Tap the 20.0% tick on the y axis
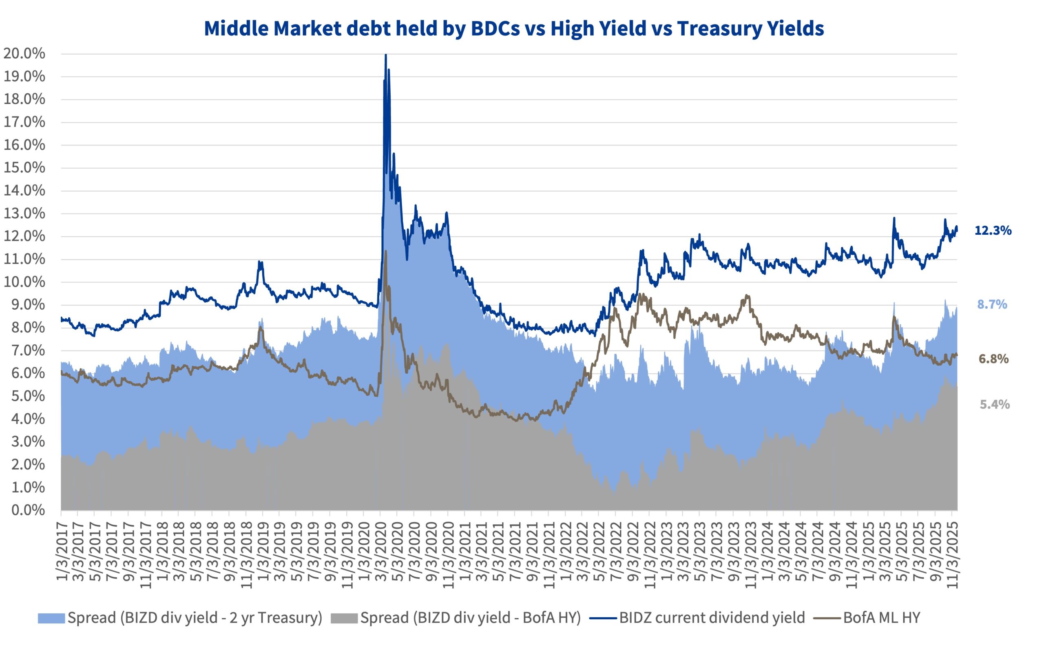(x=24, y=54)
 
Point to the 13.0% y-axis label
(x=24, y=213)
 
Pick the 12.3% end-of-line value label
(x=993, y=231)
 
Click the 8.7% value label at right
(x=992, y=304)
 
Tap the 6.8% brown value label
(x=993, y=359)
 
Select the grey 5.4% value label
(x=994, y=404)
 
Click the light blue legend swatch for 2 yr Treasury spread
(x=51, y=618)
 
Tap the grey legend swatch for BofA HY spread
(x=343, y=618)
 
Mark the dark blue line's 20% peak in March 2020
(x=386, y=55)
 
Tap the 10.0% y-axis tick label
(x=24, y=282)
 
